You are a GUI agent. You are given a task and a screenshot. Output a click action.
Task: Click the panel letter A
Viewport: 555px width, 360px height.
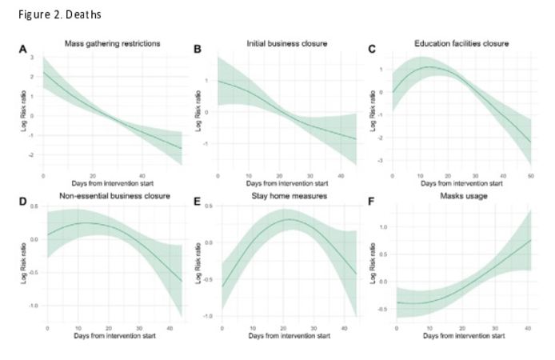coord(23,50)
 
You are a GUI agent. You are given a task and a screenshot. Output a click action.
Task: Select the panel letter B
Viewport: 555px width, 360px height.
coord(198,50)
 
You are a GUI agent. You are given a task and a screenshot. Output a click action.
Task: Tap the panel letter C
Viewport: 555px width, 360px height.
coord(372,50)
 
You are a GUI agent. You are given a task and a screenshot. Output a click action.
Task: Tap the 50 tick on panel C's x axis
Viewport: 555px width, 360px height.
coord(529,175)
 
